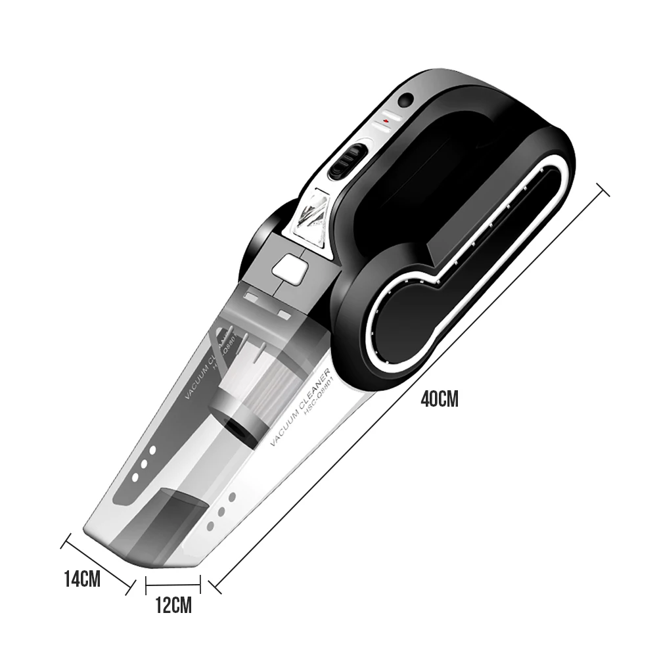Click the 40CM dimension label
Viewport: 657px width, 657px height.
[439, 399]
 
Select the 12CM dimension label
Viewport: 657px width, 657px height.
[173, 605]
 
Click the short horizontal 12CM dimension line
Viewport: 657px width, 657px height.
[173, 581]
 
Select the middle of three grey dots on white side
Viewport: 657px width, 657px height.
[221, 512]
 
